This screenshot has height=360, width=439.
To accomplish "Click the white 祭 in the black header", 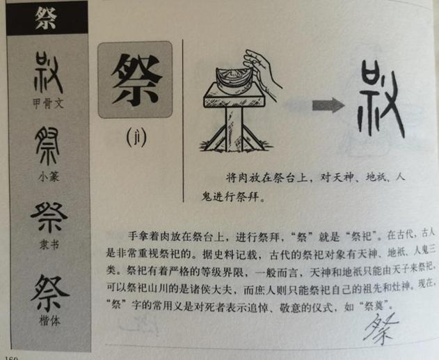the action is click(x=46, y=18).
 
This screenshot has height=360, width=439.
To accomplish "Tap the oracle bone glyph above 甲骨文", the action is click(x=48, y=74).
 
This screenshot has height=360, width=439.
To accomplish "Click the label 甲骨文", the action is click(x=48, y=104).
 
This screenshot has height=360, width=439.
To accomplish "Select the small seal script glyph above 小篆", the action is click(x=47, y=146).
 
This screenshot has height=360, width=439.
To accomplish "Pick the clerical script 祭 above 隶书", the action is click(x=49, y=218).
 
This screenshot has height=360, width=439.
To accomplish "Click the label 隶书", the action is click(x=49, y=245).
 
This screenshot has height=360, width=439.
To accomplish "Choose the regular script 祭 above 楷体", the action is click(x=49, y=293).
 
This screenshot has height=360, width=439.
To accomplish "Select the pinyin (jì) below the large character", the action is click(x=136, y=138).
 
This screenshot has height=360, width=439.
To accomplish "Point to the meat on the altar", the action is click(x=234, y=79).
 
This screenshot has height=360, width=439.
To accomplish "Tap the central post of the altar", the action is click(x=234, y=129).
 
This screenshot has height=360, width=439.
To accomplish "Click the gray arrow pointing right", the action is click(x=328, y=105).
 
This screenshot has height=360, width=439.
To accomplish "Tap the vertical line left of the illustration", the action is click(x=183, y=120).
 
